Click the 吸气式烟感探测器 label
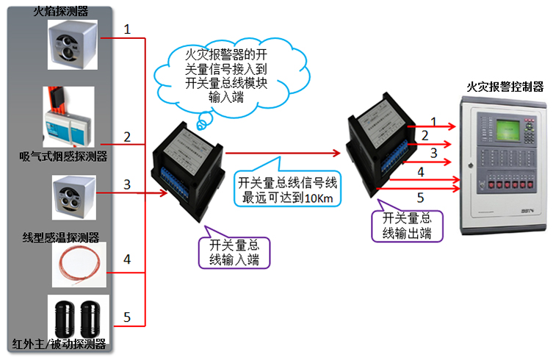pyautogui.click(x=63, y=156)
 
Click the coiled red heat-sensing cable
pyautogui.click(x=79, y=264)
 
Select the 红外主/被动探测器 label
pyautogui.click(x=59, y=345)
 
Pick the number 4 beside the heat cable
pyautogui.click(x=127, y=259)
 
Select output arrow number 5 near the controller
pyautogui.click(x=421, y=197)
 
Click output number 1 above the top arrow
pyautogui.click(x=433, y=120)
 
